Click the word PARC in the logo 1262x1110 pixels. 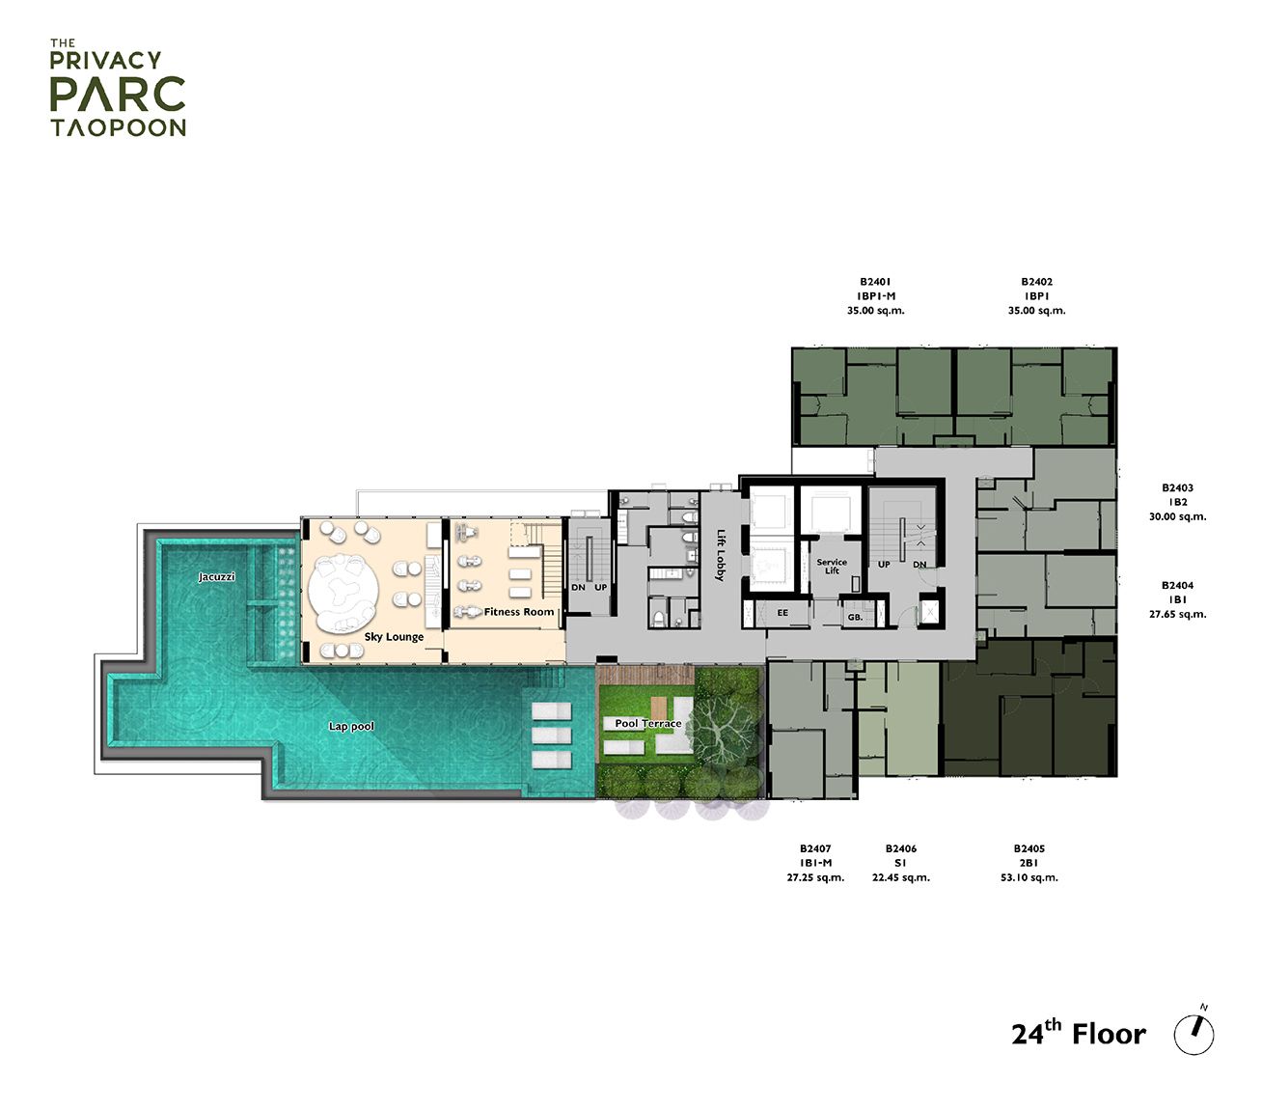click(118, 94)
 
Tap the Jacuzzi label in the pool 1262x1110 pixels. click(217, 577)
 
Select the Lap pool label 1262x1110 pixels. click(351, 726)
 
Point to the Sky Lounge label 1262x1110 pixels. click(394, 637)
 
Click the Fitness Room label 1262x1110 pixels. click(519, 612)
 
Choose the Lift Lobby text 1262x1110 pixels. click(720, 555)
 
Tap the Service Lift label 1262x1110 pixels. click(832, 567)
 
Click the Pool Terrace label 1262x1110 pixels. click(648, 724)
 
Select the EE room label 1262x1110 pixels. click(782, 614)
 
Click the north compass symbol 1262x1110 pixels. click(1194, 1033)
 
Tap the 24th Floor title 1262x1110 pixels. click(1078, 1034)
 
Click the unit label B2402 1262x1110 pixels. click(1037, 282)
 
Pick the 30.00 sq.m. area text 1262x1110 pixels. click(1177, 516)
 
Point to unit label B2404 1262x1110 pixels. click(1177, 585)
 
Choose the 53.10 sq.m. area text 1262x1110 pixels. click(1029, 877)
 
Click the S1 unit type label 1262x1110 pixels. click(900, 863)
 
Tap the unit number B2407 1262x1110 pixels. click(815, 848)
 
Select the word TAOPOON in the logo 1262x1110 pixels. click(118, 127)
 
